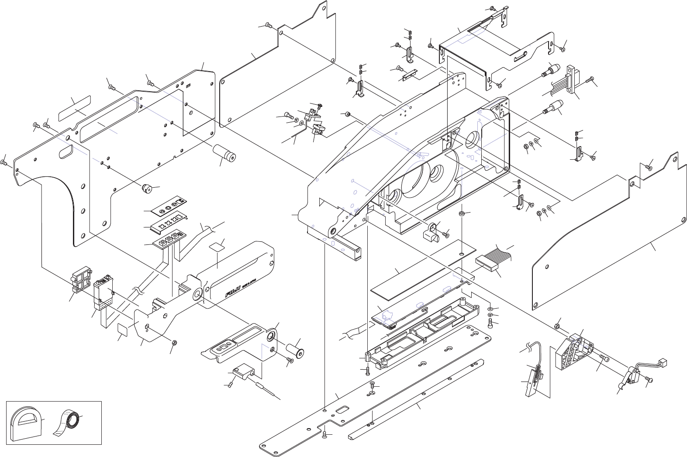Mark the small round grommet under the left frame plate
[147, 189]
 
